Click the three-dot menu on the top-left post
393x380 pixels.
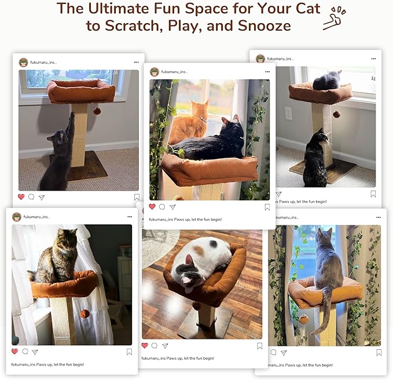pyautogui.click(x=137, y=62)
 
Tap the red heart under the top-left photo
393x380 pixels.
pyautogui.click(x=21, y=197)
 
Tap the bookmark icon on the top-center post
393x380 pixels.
pyautogui.click(x=267, y=207)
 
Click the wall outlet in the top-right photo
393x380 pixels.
pyautogui.click(x=288, y=113)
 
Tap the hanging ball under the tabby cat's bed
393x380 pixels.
pyautogui.click(x=85, y=313)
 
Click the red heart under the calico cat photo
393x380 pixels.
pyautogui.click(x=145, y=346)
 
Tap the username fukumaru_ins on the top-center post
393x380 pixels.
pyautogui.click(x=174, y=72)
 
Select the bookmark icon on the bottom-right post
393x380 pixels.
pyautogui.click(x=379, y=352)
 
